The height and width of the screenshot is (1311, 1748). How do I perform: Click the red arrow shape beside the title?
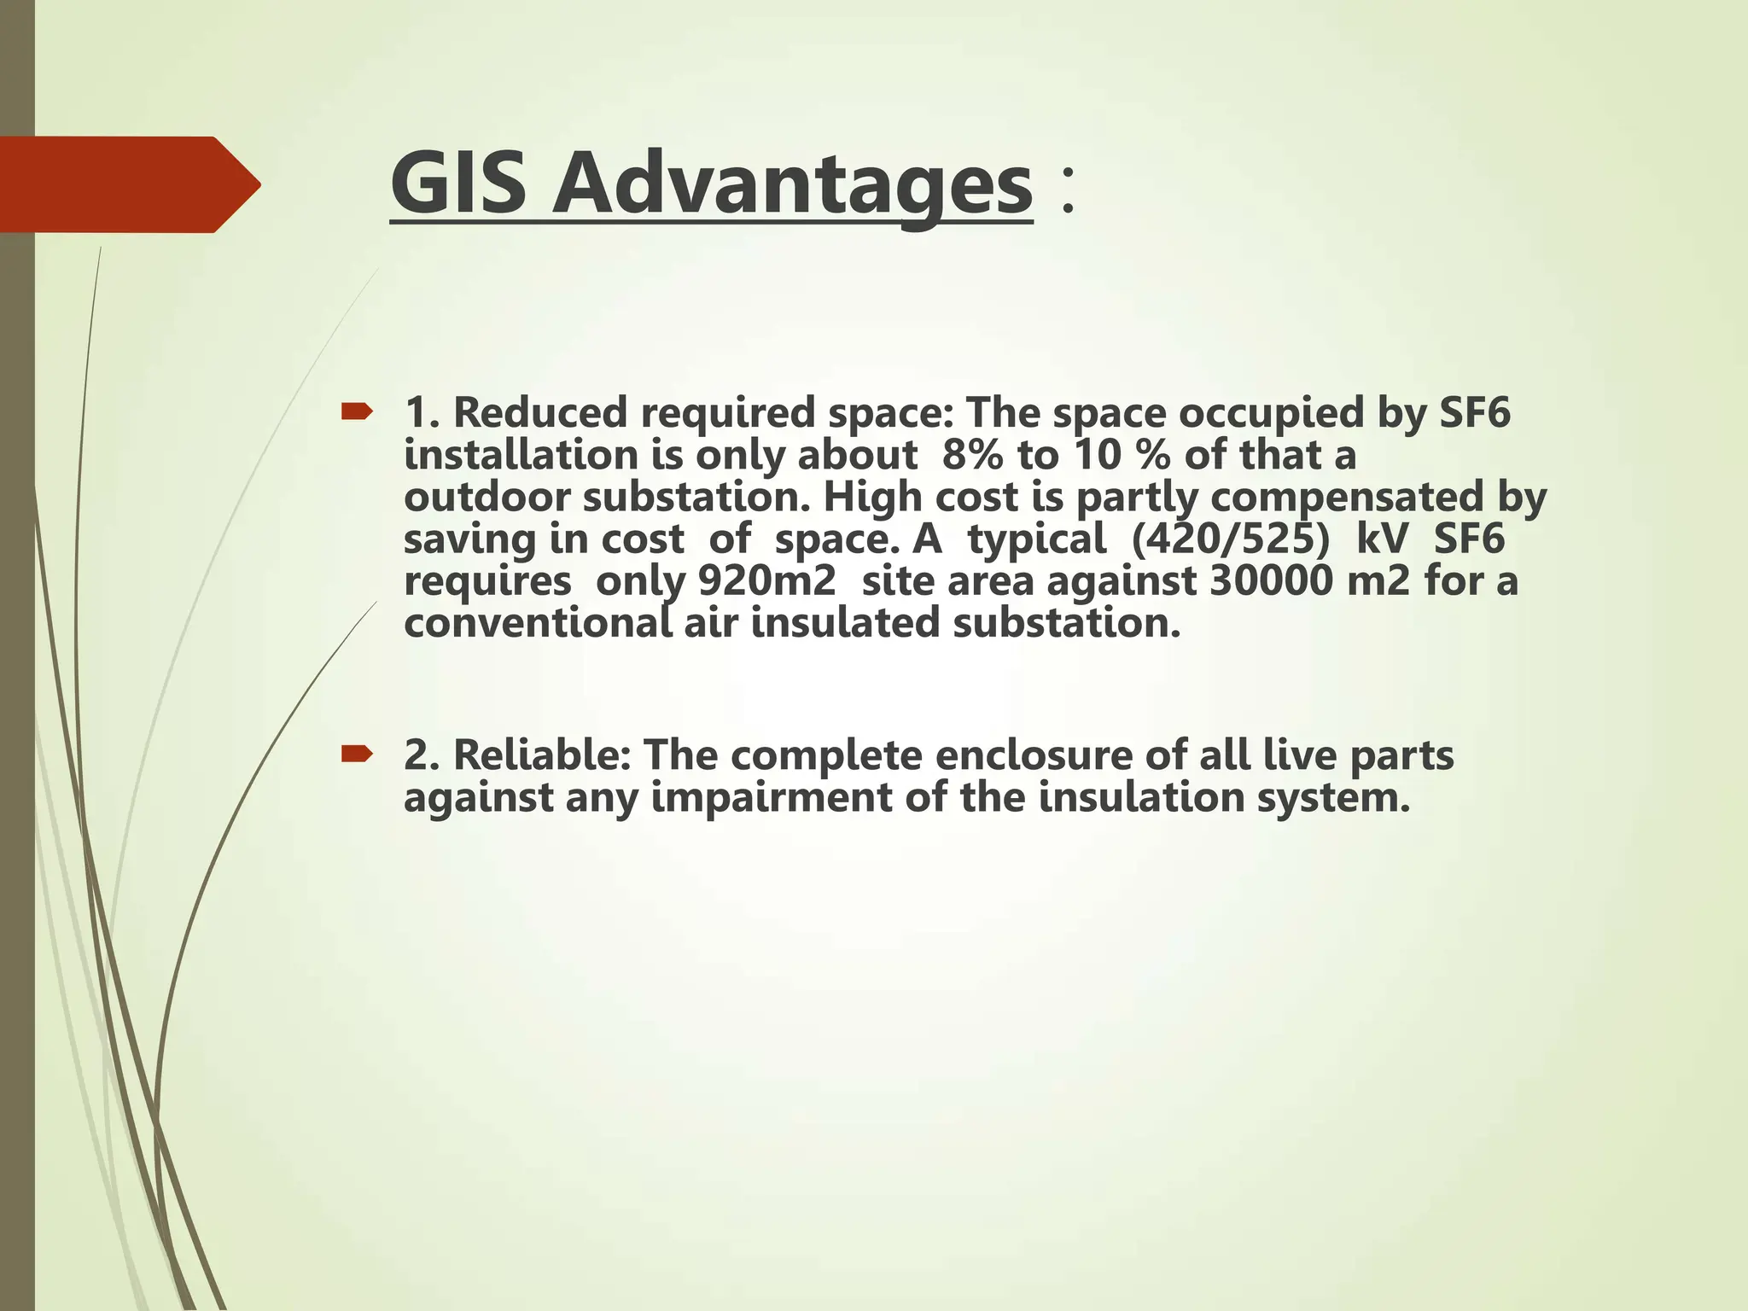pyautogui.click(x=128, y=184)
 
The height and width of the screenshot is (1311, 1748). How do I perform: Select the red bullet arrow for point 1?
pyautogui.click(x=356, y=413)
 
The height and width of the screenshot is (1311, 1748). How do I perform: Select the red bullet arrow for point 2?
pyautogui.click(x=356, y=754)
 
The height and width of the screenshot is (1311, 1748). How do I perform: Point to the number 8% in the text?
pyautogui.click(x=972, y=455)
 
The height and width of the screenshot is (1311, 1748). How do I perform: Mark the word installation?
pyautogui.click(x=521, y=455)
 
